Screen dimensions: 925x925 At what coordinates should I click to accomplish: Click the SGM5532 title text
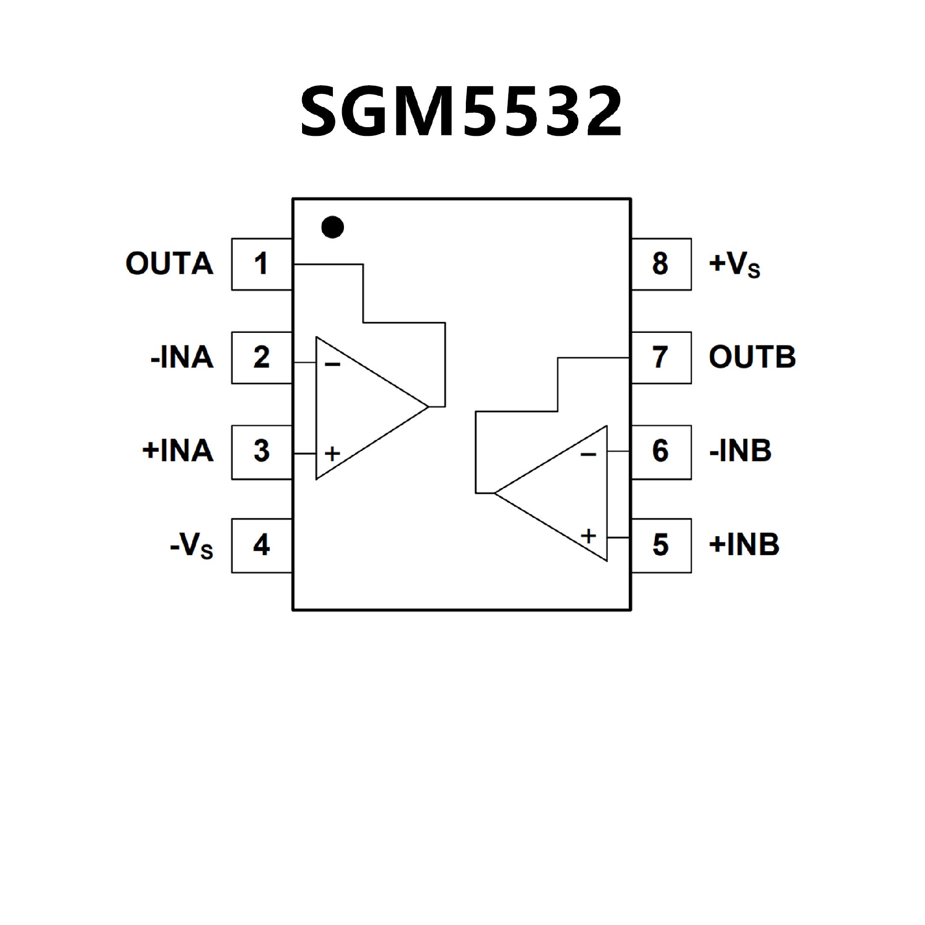pos(462,111)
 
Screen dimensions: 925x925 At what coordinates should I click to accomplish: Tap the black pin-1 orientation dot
pos(332,227)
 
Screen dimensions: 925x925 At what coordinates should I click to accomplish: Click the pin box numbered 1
pos(262,264)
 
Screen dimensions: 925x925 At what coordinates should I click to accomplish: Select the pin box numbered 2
pos(262,357)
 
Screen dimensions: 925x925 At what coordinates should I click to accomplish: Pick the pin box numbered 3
pos(262,451)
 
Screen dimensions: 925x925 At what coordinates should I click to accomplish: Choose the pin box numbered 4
pos(262,545)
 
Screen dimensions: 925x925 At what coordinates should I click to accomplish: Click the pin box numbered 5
pos(661,545)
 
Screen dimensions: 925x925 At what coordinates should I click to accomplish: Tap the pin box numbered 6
pos(661,451)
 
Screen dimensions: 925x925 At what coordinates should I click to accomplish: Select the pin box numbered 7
pos(661,357)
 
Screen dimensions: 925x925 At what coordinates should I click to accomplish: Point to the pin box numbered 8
pos(661,264)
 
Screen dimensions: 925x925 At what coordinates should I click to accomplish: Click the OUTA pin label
pos(169,264)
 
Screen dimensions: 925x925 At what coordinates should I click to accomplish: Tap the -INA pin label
pos(182,357)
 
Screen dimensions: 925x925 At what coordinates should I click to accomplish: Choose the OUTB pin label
pos(752,357)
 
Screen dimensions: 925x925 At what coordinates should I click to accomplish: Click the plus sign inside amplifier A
pos(332,453)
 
